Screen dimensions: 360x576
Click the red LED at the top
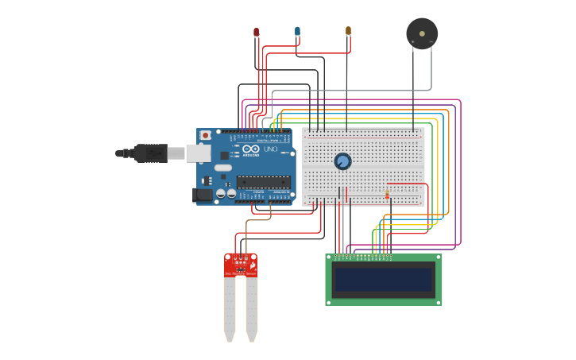pyautogui.click(x=256, y=33)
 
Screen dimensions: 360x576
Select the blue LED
pyautogui.click(x=297, y=31)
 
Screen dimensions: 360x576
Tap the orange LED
pyautogui.click(x=348, y=31)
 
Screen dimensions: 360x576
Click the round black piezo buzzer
pyautogui.click(x=421, y=33)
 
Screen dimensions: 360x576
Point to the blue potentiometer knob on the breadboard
pyautogui.click(x=342, y=161)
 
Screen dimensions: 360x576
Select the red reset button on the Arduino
pyautogui.click(x=206, y=135)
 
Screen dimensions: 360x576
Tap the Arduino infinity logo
pyautogui.click(x=251, y=149)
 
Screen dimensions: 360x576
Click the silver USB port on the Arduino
pyautogui.click(x=198, y=153)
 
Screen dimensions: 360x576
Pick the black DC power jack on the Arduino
pyautogui.click(x=203, y=194)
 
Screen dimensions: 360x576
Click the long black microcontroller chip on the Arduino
pyautogui.click(x=263, y=182)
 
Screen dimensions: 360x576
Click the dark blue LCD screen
pyautogui.click(x=384, y=280)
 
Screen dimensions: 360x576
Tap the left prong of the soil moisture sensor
pyautogui.click(x=230, y=310)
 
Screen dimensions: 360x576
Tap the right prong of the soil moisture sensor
pyautogui.click(x=252, y=310)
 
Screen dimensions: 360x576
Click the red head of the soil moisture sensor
pyautogui.click(x=241, y=265)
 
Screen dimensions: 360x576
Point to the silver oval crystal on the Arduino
pyautogui.click(x=222, y=168)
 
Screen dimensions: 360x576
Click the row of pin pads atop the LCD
pyautogui.click(x=363, y=257)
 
